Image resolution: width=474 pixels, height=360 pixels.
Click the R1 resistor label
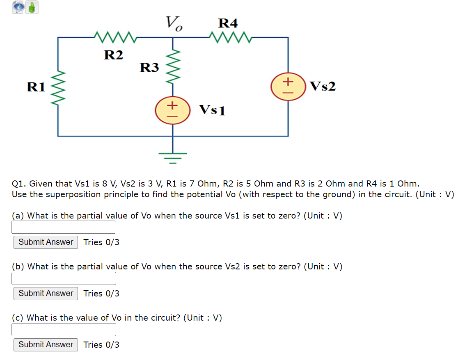(x=36, y=87)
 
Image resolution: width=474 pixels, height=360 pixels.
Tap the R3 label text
(x=149, y=67)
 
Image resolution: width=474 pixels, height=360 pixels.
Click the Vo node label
(x=174, y=23)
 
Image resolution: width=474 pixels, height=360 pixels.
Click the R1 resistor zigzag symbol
(x=58, y=87)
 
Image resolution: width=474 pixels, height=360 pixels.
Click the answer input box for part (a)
(x=64, y=227)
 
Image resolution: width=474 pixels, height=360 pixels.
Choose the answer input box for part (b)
(x=64, y=278)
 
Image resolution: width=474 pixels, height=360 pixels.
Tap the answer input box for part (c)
(x=64, y=330)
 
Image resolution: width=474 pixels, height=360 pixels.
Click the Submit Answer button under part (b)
(x=46, y=293)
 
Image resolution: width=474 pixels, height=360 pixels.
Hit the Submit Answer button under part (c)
(x=46, y=344)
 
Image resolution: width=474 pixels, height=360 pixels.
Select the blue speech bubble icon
(x=18, y=7)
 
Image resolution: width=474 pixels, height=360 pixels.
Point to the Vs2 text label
(x=323, y=87)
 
